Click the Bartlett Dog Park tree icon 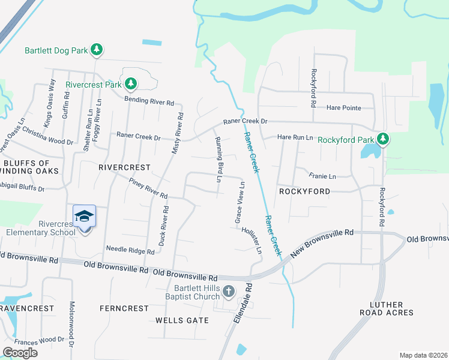97,50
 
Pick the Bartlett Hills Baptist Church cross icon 228,292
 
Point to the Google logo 20,352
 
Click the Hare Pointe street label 344,108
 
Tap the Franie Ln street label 322,176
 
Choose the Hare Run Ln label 295,137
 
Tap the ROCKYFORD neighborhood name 304,191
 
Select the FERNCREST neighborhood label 124,308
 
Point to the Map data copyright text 423,355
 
